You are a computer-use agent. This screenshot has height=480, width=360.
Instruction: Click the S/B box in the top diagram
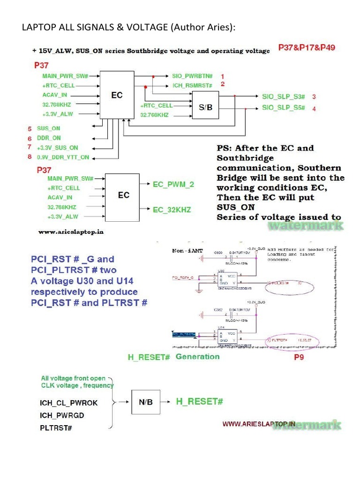tap(205, 107)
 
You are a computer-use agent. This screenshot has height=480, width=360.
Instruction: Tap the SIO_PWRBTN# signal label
tap(193, 76)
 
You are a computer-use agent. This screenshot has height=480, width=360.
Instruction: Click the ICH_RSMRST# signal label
tap(193, 86)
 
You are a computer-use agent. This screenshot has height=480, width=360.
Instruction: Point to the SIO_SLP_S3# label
tap(283, 97)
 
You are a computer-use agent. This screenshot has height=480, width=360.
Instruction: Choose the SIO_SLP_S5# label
tap(283, 108)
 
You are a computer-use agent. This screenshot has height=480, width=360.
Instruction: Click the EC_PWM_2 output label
tap(173, 185)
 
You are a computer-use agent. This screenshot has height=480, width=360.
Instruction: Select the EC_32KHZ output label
tap(172, 210)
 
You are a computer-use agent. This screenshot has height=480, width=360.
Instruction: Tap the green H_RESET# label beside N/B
tap(199, 402)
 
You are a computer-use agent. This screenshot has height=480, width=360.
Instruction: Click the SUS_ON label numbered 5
tap(49, 128)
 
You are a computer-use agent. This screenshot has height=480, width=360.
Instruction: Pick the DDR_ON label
tap(49, 138)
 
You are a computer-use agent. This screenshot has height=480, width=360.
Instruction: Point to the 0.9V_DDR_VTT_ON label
tap(63, 157)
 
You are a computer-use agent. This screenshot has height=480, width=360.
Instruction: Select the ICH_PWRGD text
tap(62, 415)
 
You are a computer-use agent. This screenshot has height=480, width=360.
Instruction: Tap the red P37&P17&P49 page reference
tap(307, 48)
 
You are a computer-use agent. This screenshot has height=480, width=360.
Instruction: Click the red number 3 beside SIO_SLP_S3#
tap(314, 97)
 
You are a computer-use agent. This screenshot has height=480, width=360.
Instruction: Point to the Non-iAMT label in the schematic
tap(187, 251)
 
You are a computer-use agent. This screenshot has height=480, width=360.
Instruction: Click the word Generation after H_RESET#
tap(197, 357)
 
